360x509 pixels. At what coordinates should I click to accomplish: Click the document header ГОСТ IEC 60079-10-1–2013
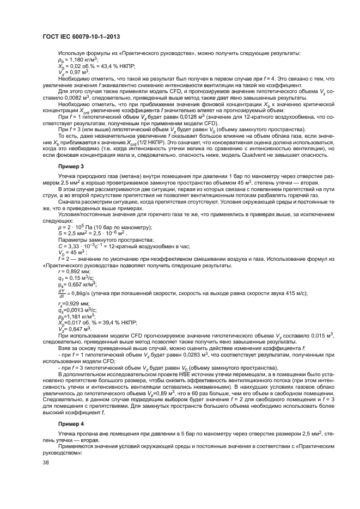click(81, 37)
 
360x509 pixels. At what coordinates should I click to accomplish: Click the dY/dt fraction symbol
click(61, 292)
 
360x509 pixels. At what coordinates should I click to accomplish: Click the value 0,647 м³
click(77, 329)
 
